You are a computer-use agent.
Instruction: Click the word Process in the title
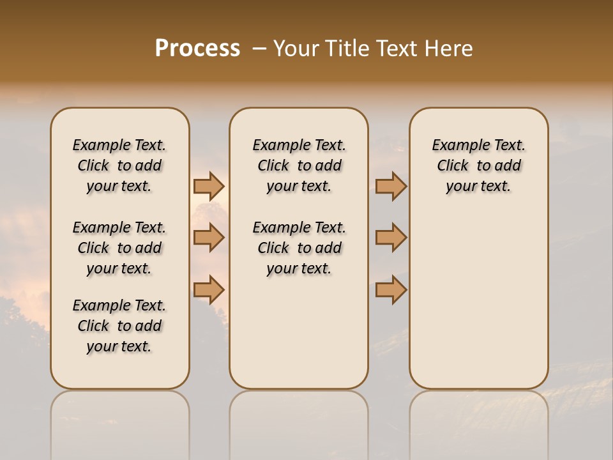tap(197, 49)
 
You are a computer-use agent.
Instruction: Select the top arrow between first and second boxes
tap(208, 186)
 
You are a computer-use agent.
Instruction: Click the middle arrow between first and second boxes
tap(208, 238)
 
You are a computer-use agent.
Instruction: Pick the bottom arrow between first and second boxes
tap(208, 290)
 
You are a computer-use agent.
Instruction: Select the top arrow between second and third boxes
tap(391, 186)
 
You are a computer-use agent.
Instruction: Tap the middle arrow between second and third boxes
tap(391, 238)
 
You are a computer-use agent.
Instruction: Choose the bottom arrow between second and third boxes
tap(391, 290)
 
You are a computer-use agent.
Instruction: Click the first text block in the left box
tap(119, 165)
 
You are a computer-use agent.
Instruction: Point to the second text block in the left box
tap(119, 248)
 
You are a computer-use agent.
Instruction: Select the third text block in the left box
tap(119, 326)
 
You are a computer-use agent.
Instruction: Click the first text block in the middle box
tap(299, 165)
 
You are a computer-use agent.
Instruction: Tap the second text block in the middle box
tap(299, 248)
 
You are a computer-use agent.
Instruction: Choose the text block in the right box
tap(479, 165)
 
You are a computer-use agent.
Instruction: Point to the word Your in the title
tap(296, 49)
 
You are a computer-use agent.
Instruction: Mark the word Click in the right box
tap(453, 166)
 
